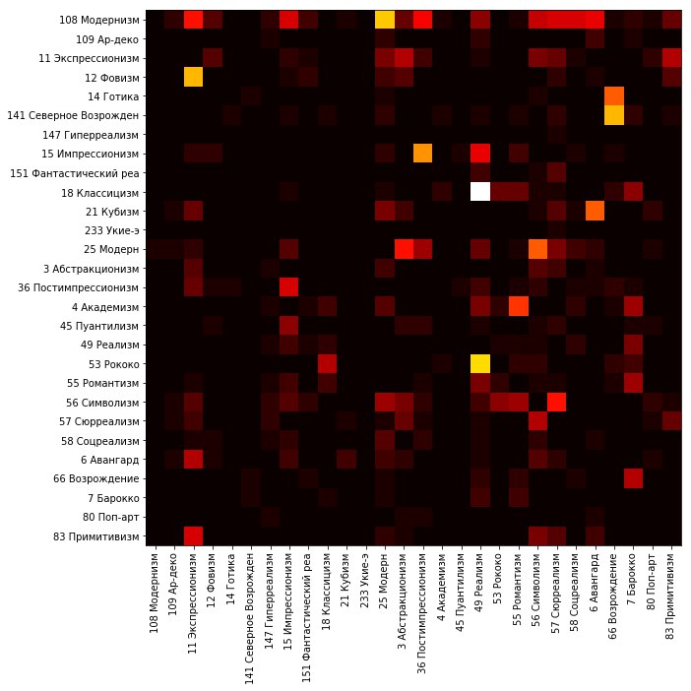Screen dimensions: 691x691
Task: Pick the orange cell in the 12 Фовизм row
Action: (x=193, y=77)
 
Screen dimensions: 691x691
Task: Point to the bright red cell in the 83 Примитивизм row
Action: (x=193, y=535)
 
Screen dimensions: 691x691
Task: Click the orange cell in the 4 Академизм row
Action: (x=518, y=306)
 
